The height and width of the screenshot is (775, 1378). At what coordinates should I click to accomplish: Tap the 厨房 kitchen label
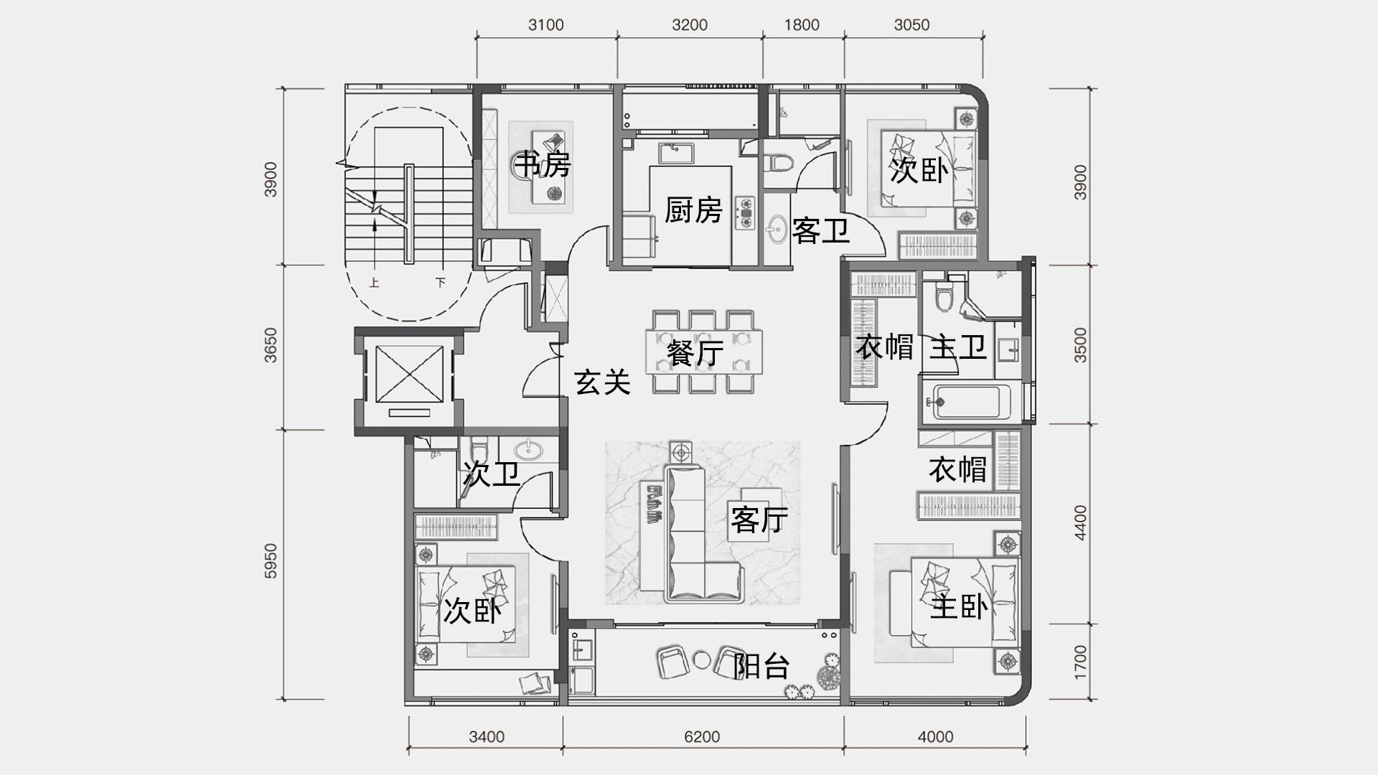click(x=693, y=210)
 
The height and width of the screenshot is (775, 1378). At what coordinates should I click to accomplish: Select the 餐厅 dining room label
click(x=695, y=352)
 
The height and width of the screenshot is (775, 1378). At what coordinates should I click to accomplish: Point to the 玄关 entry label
click(x=602, y=382)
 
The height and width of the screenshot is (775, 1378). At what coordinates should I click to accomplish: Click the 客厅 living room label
click(x=759, y=519)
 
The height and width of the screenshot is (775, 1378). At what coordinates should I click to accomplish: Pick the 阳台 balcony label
click(x=761, y=666)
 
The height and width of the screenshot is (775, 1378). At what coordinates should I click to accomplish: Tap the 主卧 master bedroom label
click(x=959, y=606)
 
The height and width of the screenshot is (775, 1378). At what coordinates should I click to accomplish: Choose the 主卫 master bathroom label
click(x=958, y=347)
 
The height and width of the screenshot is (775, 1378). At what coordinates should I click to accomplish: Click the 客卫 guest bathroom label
click(x=820, y=231)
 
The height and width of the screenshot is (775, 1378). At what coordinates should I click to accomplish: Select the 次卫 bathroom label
click(x=491, y=474)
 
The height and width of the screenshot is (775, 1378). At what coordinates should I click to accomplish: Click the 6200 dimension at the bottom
click(x=702, y=737)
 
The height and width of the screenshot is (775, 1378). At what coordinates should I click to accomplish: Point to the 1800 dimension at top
click(x=802, y=25)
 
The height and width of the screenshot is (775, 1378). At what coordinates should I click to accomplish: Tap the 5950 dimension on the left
click(x=270, y=560)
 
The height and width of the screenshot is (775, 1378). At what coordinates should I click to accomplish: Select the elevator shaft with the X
click(x=410, y=374)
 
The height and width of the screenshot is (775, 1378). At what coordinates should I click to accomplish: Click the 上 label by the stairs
click(x=374, y=283)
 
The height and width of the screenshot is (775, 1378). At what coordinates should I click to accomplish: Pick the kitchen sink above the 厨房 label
click(x=674, y=154)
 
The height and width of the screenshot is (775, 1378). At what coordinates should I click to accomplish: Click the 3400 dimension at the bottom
click(x=487, y=737)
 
